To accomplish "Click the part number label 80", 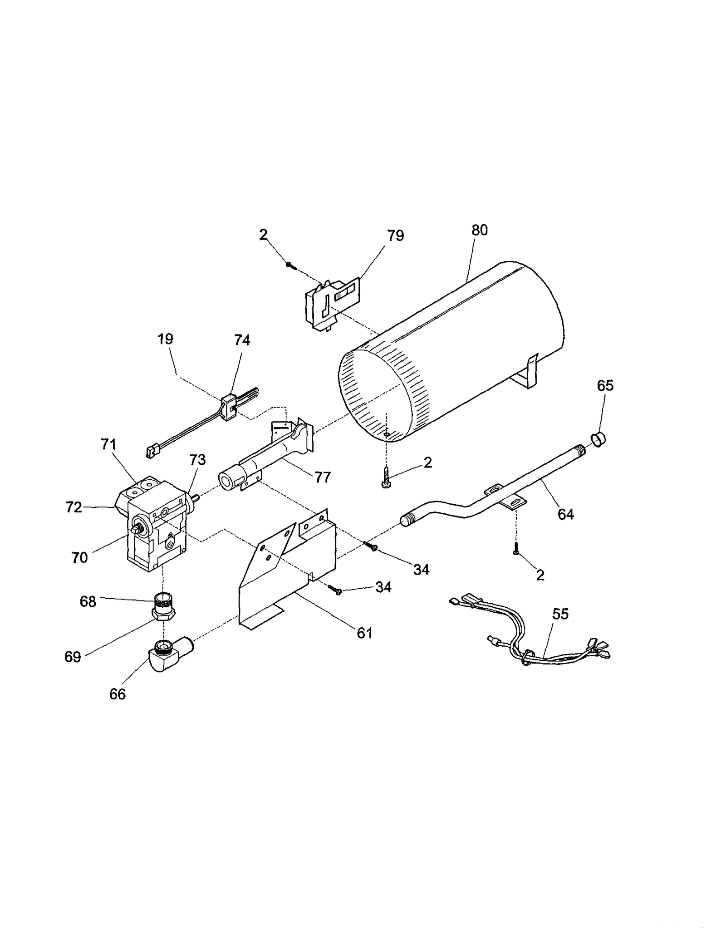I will (479, 230).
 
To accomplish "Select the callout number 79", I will (395, 236).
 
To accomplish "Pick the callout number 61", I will (365, 633).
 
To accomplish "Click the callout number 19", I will (166, 339).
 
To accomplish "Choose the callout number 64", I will (566, 514).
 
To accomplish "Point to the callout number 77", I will (323, 477).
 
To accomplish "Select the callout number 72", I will (74, 507).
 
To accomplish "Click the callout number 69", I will (73, 657).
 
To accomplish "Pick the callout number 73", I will (197, 460).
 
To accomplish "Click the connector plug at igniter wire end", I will (150, 452).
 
